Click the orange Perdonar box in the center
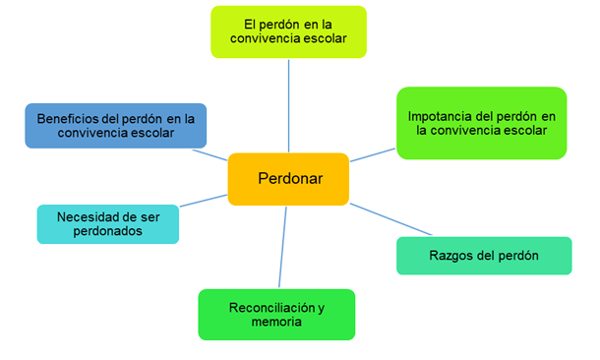288,179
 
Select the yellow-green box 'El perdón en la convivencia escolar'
288,31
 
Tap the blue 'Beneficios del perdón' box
116,126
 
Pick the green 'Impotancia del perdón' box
481,122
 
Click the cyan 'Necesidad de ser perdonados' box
107,224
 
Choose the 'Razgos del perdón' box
484,256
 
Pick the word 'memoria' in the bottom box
275,322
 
